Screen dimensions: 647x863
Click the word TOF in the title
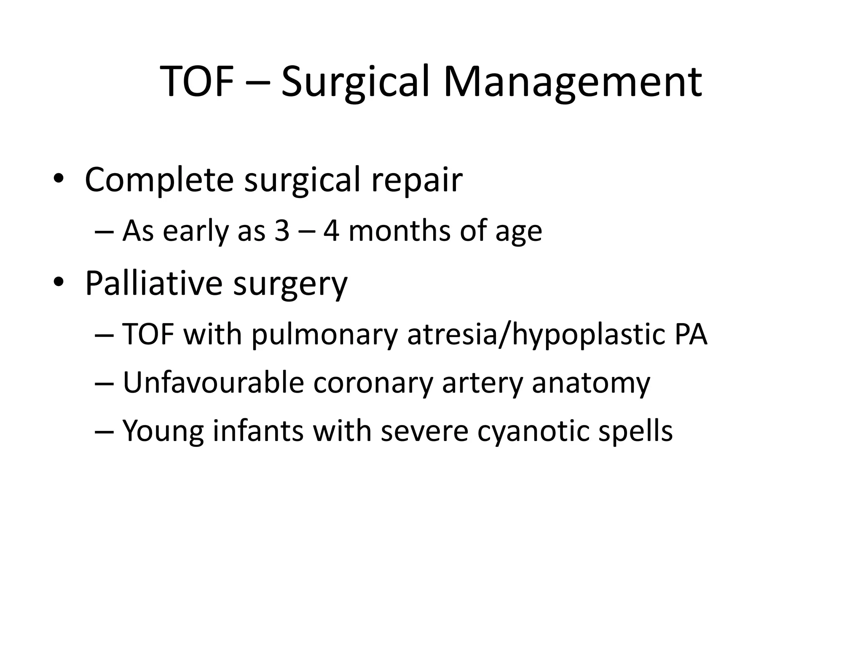pyautogui.click(x=197, y=82)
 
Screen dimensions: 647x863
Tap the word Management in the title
pyautogui.click(x=572, y=82)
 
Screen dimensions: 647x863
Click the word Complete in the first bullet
pyautogui.click(x=159, y=180)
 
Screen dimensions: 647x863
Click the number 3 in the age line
pyautogui.click(x=282, y=231)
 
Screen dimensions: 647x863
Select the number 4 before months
pyautogui.click(x=331, y=231)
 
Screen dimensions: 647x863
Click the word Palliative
pyautogui.click(x=153, y=283)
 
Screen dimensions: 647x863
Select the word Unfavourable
pyautogui.click(x=213, y=383)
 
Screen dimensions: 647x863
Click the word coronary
pyautogui.click(x=373, y=384)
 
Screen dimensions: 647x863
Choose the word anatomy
pyautogui.click(x=591, y=384)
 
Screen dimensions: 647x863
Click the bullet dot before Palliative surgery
pyautogui.click(x=58, y=281)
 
